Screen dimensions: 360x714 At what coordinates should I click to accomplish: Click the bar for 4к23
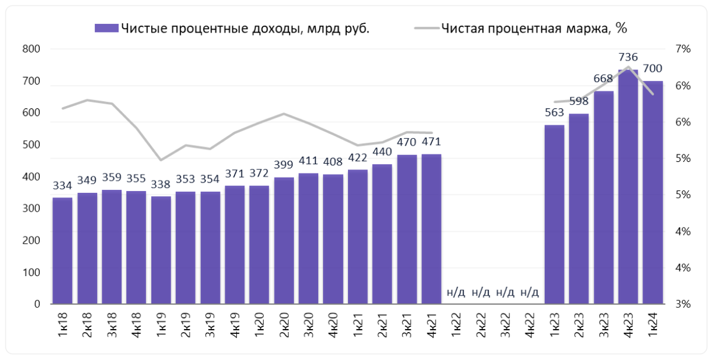pyautogui.click(x=628, y=187)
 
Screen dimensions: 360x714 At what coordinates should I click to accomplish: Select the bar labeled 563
pyautogui.click(x=554, y=214)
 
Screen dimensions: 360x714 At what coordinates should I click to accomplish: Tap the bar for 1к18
pyautogui.click(x=62, y=251)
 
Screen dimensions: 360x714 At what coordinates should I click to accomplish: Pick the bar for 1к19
pyautogui.click(x=161, y=250)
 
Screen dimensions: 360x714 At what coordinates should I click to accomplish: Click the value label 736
pyautogui.click(x=628, y=58)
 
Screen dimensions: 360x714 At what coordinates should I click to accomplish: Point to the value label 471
pyautogui.click(x=431, y=142)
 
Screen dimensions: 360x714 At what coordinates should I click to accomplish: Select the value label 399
pyautogui.click(x=284, y=165)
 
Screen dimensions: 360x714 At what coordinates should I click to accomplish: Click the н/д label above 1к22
pyautogui.click(x=456, y=292)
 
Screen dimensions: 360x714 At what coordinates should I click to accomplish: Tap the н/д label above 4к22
pyautogui.click(x=530, y=292)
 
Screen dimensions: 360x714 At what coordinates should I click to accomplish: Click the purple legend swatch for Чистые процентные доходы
pyautogui.click(x=107, y=28)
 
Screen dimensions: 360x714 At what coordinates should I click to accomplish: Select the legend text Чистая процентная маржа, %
pyautogui.click(x=534, y=28)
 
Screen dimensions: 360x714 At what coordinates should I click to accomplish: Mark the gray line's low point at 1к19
pyautogui.click(x=161, y=160)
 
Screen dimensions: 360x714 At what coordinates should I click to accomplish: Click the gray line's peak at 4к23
pyautogui.click(x=628, y=67)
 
